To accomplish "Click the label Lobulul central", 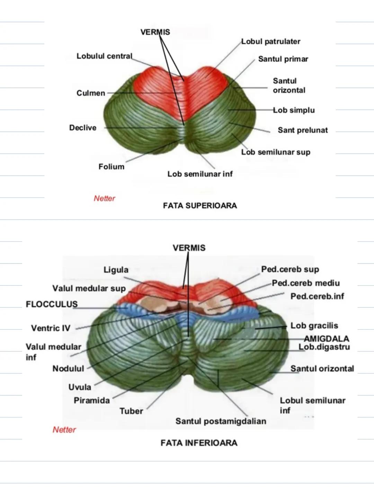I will [104, 56].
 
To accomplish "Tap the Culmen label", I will [90, 93].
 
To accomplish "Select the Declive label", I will [83, 128].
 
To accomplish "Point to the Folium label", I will [111, 167].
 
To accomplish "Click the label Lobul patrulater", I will [271, 41].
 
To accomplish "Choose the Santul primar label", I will [283, 59].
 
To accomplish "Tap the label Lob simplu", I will [294, 110].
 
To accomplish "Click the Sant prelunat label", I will [303, 130].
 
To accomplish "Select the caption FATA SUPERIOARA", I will [200, 206].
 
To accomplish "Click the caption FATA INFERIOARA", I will [199, 443].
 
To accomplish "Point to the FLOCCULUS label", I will [52, 304].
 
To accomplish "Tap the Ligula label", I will [116, 270].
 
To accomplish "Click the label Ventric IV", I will [51, 328].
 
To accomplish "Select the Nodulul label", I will [68, 369].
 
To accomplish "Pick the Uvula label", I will [80, 387].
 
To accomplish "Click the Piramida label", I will [92, 400].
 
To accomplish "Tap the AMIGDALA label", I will [326, 339].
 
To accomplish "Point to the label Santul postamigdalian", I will [221, 421].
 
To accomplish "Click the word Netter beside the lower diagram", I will [64, 429].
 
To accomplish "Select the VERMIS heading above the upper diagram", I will [155, 32].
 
